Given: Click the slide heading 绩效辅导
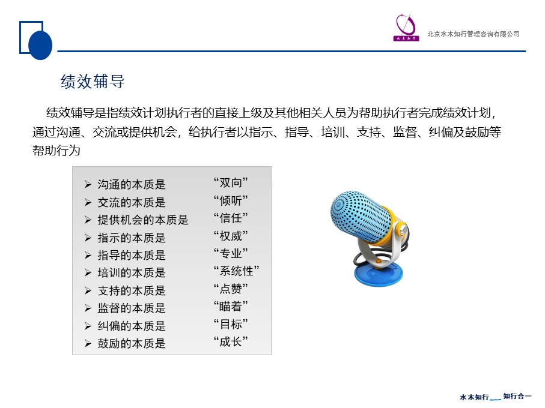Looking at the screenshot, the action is click(93, 82).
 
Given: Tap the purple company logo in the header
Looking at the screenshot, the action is click(406, 28).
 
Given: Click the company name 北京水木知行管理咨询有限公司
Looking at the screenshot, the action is click(473, 34).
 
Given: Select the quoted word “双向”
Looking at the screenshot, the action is click(231, 182).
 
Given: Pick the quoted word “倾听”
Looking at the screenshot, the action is click(231, 200).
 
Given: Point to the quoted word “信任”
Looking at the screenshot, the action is click(231, 218).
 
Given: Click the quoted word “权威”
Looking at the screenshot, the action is click(231, 236).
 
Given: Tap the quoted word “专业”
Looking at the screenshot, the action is click(231, 254).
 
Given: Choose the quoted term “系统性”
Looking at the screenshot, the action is click(236, 271).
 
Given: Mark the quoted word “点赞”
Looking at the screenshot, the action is click(231, 289).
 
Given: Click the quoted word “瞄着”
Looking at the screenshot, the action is click(231, 307).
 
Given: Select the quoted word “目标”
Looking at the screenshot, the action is click(231, 325).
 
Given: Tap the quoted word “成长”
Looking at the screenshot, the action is click(231, 342).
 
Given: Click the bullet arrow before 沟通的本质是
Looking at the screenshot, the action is click(88, 185).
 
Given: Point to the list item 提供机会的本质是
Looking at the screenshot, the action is click(143, 220).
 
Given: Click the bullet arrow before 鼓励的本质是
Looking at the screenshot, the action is click(88, 343).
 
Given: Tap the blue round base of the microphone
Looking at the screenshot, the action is click(379, 274).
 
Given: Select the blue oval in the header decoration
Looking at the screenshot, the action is click(40, 45).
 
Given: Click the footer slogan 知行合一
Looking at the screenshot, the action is click(517, 396).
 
